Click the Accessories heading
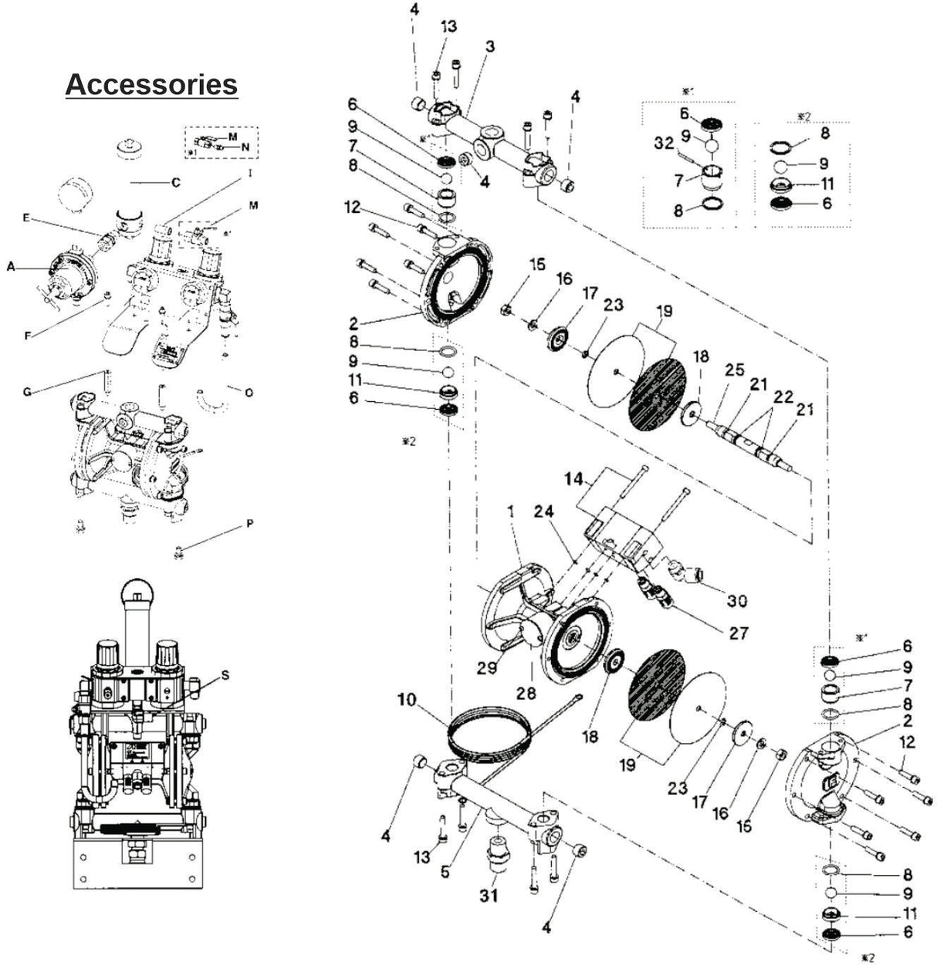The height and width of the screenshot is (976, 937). tap(151, 84)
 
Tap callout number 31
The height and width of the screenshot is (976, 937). tap(489, 895)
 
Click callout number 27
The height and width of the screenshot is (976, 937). tap(738, 633)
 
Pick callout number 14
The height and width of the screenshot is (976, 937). tap(573, 478)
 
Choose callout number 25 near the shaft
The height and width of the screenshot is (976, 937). tap(734, 370)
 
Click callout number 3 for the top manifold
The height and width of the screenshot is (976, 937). tap(489, 46)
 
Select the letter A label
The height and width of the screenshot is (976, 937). tap(11, 267)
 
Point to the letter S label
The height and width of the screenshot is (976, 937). tap(225, 675)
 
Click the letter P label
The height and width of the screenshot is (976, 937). tap(249, 524)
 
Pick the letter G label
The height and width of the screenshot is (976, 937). tap(27, 392)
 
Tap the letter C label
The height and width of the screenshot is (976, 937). tap(175, 183)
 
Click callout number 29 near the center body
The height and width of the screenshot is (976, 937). tap(485, 668)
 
